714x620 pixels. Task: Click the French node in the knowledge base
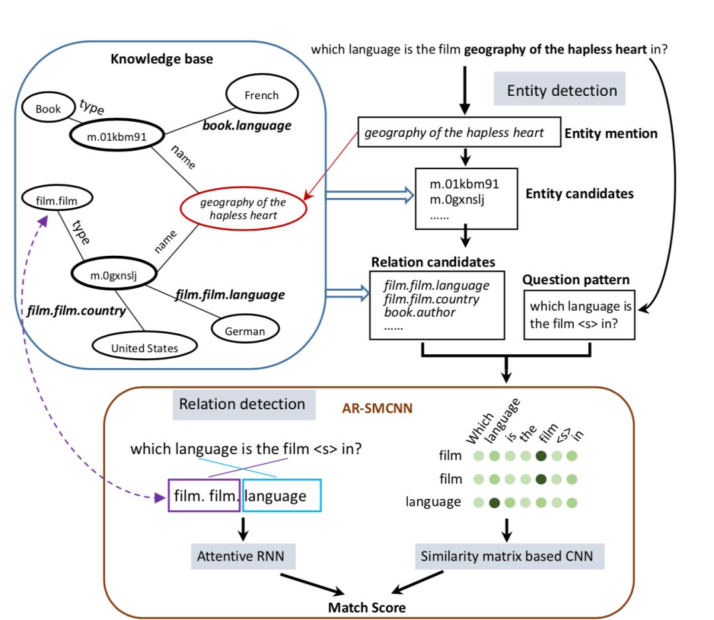pos(261,95)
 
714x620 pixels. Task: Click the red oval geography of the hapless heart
pos(243,208)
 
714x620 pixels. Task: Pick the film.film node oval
pos(56,197)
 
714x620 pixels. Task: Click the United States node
pos(144,347)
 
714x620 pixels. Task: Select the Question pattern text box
pos(579,315)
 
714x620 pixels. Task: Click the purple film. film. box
pos(203,496)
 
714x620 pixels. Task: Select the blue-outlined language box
pos(282,496)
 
